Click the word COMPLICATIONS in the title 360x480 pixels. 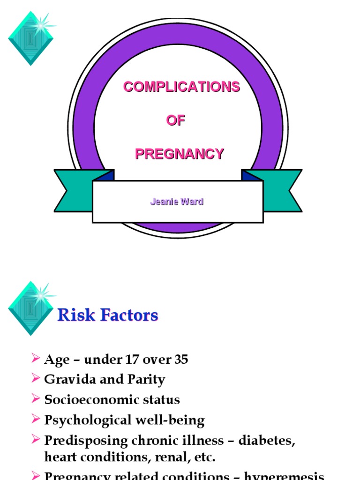coord(181,87)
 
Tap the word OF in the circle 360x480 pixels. coord(176,120)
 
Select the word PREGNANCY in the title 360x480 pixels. coord(180,154)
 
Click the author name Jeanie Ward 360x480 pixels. coord(177,202)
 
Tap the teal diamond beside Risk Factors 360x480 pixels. coord(30,308)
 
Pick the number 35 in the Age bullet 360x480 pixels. coord(181,360)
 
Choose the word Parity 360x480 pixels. coord(147,379)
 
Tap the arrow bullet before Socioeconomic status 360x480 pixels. coord(36,399)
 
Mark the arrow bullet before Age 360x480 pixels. coord(36,359)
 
